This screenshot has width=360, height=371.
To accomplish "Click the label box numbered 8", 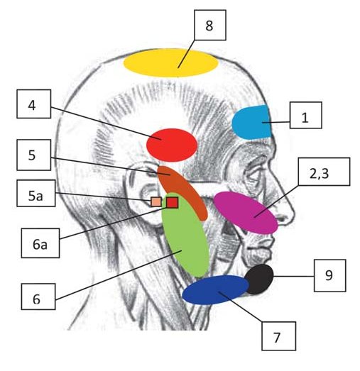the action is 210,25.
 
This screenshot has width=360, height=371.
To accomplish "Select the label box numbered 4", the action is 33,104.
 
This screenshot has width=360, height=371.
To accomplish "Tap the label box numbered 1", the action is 306,115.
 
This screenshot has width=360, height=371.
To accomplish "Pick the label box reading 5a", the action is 36,193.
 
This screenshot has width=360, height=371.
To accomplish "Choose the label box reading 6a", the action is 40,243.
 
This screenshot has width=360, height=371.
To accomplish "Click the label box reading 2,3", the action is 324,172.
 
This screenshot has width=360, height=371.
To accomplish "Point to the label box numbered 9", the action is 330,275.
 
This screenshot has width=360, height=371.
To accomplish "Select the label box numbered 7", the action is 279,336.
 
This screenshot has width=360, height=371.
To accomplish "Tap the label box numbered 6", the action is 38,297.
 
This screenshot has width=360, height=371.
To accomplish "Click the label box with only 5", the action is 33,155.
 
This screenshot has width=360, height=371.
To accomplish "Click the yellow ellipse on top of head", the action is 170,62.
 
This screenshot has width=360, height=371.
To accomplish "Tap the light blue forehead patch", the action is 252,122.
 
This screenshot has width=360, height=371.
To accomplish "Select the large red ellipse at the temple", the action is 172,145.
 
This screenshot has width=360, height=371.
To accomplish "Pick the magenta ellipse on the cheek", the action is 246,213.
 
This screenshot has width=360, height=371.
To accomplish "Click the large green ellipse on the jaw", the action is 185,237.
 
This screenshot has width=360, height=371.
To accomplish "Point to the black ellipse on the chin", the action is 259,279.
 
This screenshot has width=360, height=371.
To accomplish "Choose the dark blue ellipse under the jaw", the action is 216,290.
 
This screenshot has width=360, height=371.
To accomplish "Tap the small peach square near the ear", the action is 156,202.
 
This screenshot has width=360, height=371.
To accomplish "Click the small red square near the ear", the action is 172,203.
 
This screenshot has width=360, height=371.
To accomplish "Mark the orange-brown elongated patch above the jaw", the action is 183,192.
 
